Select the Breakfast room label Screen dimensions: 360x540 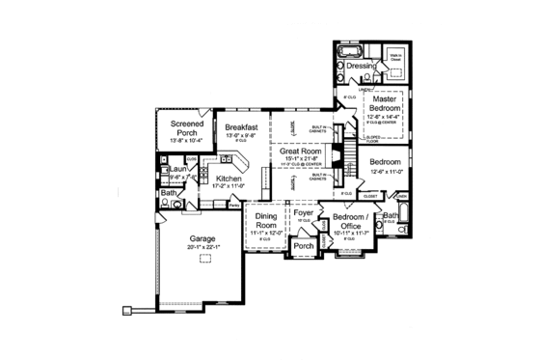click(x=241, y=126)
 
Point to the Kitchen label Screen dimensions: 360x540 click(x=229, y=179)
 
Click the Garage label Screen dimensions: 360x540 click(x=202, y=238)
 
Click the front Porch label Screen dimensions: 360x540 click(x=304, y=246)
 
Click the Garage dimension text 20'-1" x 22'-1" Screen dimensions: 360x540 click(x=202, y=247)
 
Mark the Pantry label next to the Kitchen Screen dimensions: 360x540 click(x=234, y=205)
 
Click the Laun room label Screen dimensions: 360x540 click(x=177, y=169)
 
